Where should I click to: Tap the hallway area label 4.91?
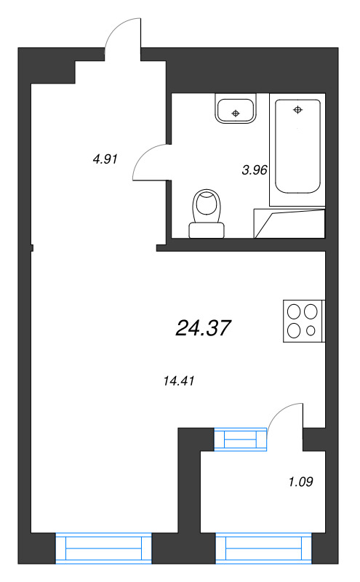coord(105,159)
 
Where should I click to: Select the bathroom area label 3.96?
coord(255,170)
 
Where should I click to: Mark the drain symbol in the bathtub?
coord(297,110)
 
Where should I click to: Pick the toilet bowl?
coord(207,205)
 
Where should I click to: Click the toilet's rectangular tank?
coord(207,231)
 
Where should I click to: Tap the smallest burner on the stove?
coord(311,331)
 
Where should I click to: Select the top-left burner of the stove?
coord(295,312)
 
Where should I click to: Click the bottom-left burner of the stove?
coord(295,330)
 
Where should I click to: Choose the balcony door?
coord(285,418)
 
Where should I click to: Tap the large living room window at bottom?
coord(103,547)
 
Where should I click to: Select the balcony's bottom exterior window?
coord(263,547)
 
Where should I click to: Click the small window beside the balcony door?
coord(241,439)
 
